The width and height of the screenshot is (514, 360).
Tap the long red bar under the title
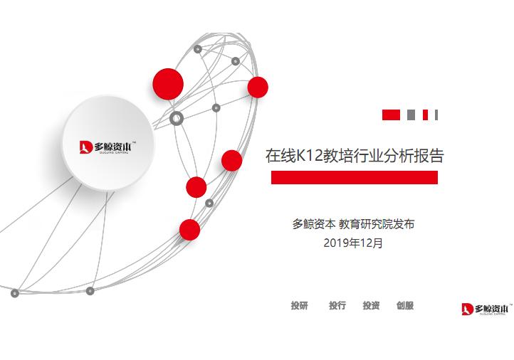tap(355, 177)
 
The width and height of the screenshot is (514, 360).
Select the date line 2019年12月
tap(353, 243)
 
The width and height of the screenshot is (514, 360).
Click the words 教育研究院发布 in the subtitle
tap(377, 224)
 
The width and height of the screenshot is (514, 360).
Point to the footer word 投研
tap(299, 306)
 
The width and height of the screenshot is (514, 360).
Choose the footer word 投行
tap(337, 306)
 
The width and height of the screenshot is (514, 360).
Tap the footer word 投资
tap(371, 306)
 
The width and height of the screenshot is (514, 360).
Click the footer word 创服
tap(405, 306)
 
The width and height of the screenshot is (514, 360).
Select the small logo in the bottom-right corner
tap(487, 309)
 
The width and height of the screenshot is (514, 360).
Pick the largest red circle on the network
tap(168, 84)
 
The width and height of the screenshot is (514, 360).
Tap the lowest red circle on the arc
tap(190, 230)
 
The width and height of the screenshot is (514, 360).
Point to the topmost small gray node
tap(198, 49)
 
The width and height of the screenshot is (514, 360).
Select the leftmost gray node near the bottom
tap(15, 293)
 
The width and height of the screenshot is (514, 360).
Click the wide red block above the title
tap(391, 115)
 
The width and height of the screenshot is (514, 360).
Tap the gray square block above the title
tap(411, 115)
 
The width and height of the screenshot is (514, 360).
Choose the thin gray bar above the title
tap(436, 115)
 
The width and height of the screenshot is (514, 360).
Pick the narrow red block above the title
tap(425, 115)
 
